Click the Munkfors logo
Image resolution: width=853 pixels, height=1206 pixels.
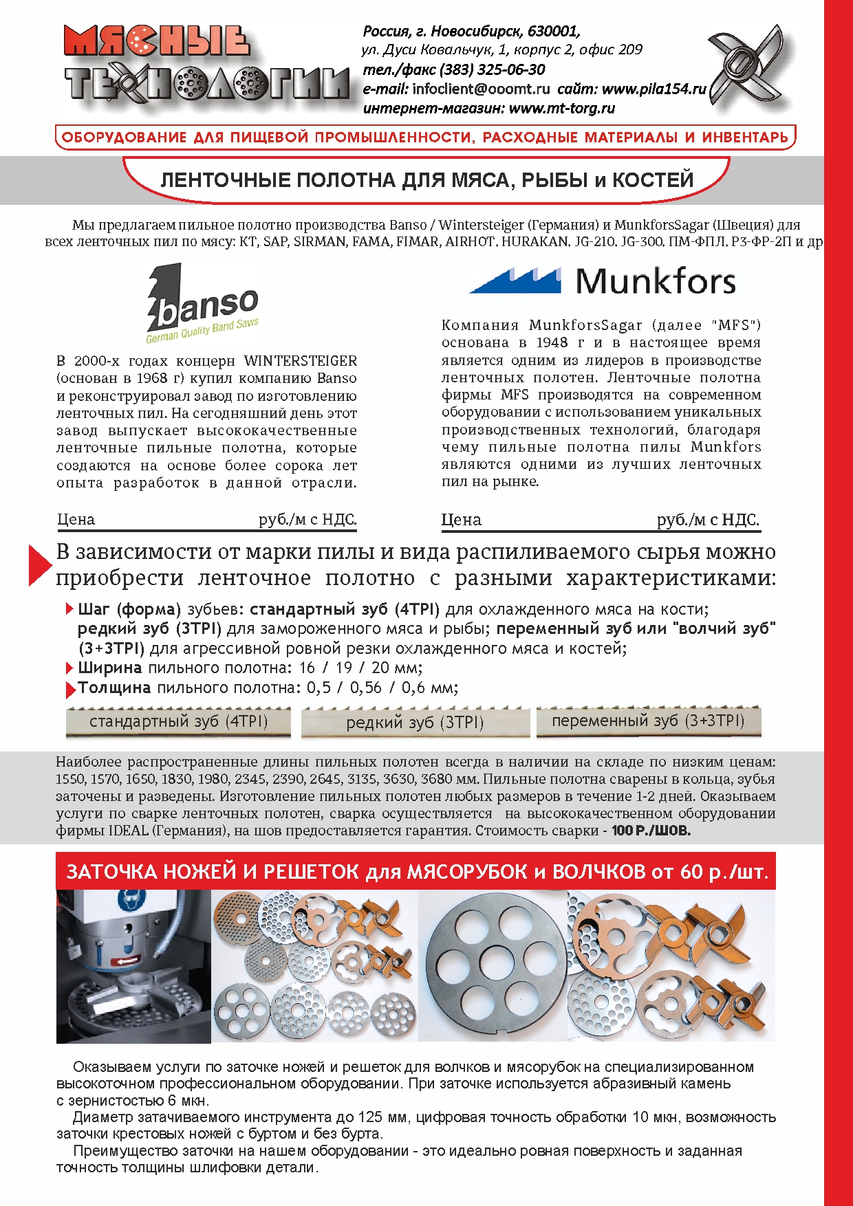pos(603,281)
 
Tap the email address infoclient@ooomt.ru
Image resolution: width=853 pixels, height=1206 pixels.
pos(481,89)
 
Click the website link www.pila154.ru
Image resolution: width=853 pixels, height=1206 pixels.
pos(654,89)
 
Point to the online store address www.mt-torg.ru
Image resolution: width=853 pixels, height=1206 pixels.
pos(562,108)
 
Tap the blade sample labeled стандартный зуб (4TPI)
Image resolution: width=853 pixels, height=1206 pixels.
pos(178,722)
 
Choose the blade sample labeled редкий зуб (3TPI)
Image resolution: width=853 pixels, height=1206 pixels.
pos(415,723)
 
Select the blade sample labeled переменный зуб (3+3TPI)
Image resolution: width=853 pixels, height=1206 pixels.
pos(648,721)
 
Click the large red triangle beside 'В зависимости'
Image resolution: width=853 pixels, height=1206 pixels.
pos(39,564)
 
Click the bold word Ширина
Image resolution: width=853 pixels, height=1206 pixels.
pos(110,668)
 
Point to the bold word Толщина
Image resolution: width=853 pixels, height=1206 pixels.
pos(114,688)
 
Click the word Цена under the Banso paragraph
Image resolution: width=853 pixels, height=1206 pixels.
pos(76,520)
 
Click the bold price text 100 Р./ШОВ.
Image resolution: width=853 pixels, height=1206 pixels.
pos(651,831)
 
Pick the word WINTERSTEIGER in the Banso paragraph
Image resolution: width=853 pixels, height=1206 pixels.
pos(301,361)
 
